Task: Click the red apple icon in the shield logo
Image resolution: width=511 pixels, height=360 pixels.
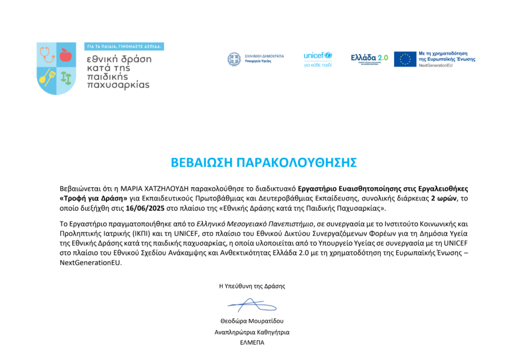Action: click(66, 55)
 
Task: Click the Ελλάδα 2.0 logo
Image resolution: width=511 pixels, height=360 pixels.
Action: click(369, 58)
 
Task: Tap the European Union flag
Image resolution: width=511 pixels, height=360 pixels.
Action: click(405, 59)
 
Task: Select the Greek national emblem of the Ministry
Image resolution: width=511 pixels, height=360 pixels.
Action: click(234, 59)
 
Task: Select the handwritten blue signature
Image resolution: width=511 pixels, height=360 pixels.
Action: click(251, 305)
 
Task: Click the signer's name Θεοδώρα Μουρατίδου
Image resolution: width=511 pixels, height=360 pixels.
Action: click(252, 321)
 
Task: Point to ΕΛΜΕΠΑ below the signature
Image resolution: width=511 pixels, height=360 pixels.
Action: click(252, 342)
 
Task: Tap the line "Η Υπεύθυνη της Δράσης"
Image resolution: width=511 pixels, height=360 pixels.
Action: click(252, 286)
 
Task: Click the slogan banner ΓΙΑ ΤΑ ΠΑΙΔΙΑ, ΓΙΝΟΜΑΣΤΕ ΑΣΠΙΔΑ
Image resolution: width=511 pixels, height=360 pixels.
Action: click(124, 46)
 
